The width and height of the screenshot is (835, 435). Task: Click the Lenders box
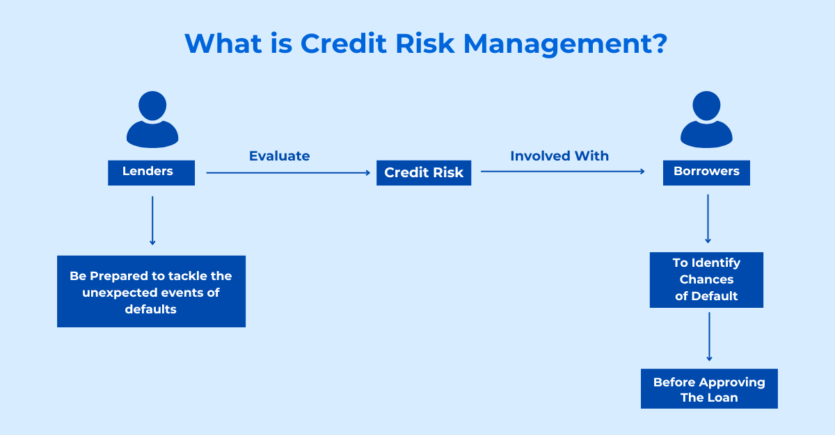point(152,172)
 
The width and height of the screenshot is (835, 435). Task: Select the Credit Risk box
point(424,172)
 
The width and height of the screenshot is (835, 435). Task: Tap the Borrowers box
point(706,172)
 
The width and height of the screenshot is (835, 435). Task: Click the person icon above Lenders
point(152,119)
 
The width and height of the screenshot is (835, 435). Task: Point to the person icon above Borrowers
point(706,119)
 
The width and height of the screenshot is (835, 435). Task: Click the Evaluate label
point(280,156)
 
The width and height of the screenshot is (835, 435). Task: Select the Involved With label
point(559,156)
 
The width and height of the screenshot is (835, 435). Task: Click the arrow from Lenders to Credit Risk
point(288,172)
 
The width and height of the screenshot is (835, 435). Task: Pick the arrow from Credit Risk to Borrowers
point(563,171)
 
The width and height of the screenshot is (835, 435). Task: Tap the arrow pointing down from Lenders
point(152,221)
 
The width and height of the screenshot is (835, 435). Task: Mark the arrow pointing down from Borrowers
point(708,219)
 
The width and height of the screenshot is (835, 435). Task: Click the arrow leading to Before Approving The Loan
point(709,337)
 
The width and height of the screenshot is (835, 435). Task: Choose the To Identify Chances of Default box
point(706,280)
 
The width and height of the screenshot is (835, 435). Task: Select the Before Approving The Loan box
point(709,388)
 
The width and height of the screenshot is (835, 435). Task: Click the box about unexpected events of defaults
point(152,291)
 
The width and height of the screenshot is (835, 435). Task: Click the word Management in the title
point(565,44)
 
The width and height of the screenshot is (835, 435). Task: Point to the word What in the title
point(223,43)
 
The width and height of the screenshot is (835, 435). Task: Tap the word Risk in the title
point(425,43)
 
